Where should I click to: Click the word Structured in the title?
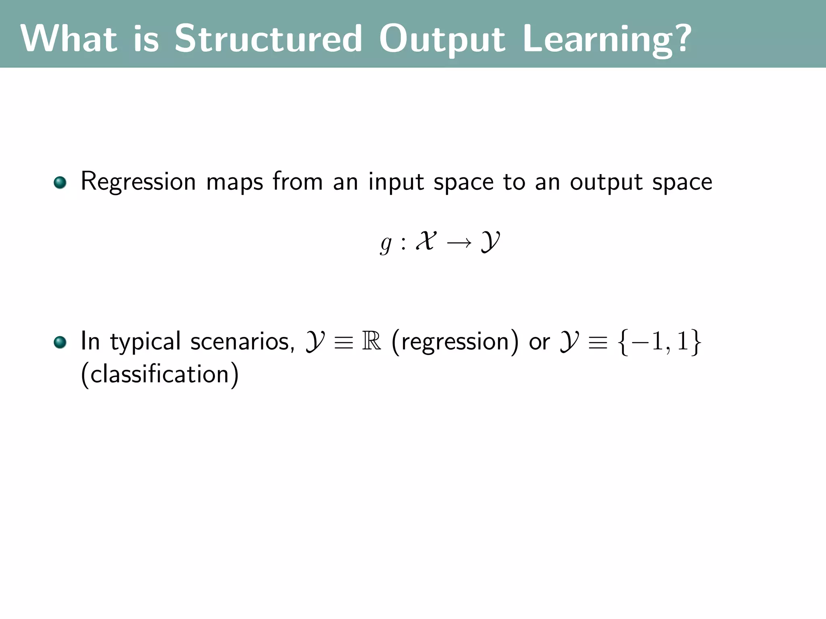point(268,39)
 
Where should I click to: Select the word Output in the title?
point(442,39)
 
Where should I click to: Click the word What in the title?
point(69,39)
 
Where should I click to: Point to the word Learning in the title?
point(597,39)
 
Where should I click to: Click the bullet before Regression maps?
point(60,183)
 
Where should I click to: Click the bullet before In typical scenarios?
point(60,342)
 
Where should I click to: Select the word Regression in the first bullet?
point(138,182)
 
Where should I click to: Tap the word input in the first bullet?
point(396,182)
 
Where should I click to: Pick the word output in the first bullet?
point(606,182)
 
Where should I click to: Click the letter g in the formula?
point(386,243)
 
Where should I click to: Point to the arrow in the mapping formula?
point(459,243)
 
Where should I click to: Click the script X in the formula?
point(426,241)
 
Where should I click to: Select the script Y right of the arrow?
point(490,242)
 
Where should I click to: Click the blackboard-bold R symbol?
point(371,341)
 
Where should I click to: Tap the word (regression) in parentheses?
point(455,342)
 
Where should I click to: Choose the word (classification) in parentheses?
point(160,374)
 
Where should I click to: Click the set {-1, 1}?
point(659,342)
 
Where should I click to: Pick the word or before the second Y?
point(539,342)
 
